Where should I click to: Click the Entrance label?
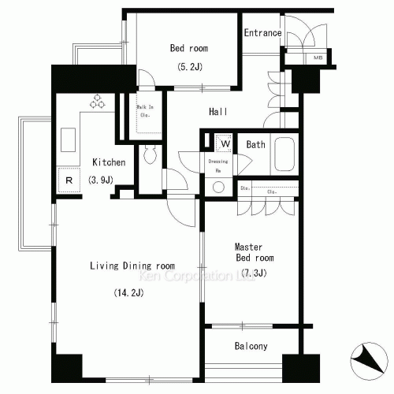click(262, 32)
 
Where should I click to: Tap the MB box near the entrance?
click(318, 58)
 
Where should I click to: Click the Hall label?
click(218, 112)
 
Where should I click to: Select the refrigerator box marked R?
click(69, 180)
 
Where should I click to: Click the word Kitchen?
click(109, 162)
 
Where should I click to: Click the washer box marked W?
click(225, 143)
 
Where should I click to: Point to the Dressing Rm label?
click(218, 165)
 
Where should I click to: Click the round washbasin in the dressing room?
click(218, 188)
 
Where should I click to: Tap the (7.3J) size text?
click(254, 273)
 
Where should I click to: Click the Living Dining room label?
click(133, 266)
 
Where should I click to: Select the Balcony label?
click(251, 347)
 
